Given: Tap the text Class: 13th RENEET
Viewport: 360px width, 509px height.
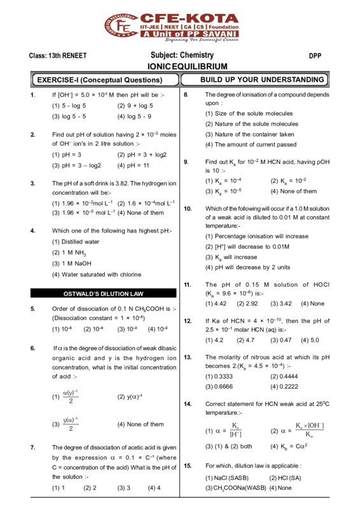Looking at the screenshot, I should [x=58, y=56].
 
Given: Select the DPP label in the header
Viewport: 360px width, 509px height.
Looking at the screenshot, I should [x=315, y=56].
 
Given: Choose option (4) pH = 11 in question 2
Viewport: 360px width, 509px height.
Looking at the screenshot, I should [x=136, y=165].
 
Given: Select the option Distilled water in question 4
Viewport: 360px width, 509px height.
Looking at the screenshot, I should [x=76, y=242].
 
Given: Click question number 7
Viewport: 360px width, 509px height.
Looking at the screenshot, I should [x=32, y=447].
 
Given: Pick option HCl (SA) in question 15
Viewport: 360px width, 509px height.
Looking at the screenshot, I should [x=287, y=477].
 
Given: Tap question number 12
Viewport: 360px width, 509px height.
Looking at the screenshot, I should [x=188, y=321].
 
